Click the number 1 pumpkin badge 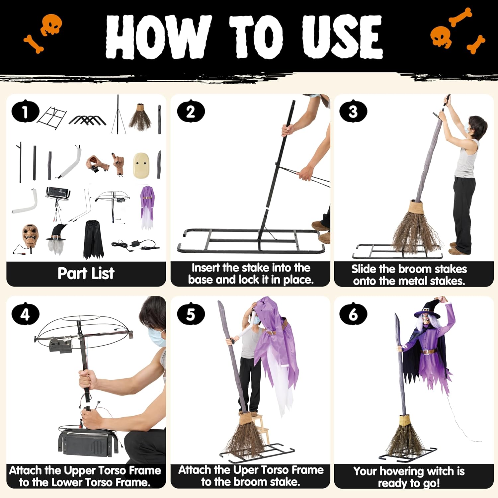[25, 112]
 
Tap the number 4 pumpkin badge [25, 314]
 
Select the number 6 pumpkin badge [353, 314]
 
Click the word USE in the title [342, 37]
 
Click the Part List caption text [86, 273]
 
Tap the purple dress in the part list [147, 207]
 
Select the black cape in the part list [93, 239]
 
